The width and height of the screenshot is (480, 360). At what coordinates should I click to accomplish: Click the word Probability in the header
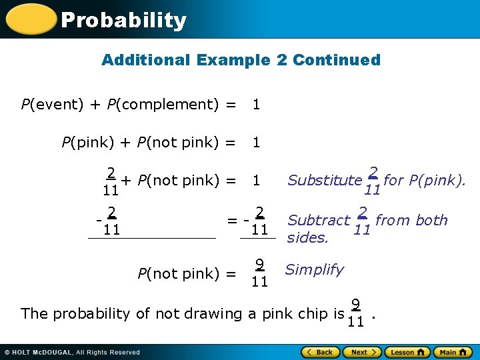pyautogui.click(x=123, y=21)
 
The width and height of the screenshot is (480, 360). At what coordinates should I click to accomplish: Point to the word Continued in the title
pyautogui.click(x=336, y=60)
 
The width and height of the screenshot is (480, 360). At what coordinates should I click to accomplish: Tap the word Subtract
pyautogui.click(x=319, y=221)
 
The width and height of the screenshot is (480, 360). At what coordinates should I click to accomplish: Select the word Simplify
pyautogui.click(x=314, y=269)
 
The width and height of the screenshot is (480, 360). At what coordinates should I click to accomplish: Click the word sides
pyautogui.click(x=307, y=238)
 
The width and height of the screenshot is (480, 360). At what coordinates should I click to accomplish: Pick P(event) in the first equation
pyautogui.click(x=52, y=104)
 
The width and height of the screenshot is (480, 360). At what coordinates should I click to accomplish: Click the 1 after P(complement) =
pyautogui.click(x=256, y=104)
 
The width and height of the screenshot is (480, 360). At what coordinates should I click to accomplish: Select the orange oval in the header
pyautogui.click(x=30, y=19)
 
